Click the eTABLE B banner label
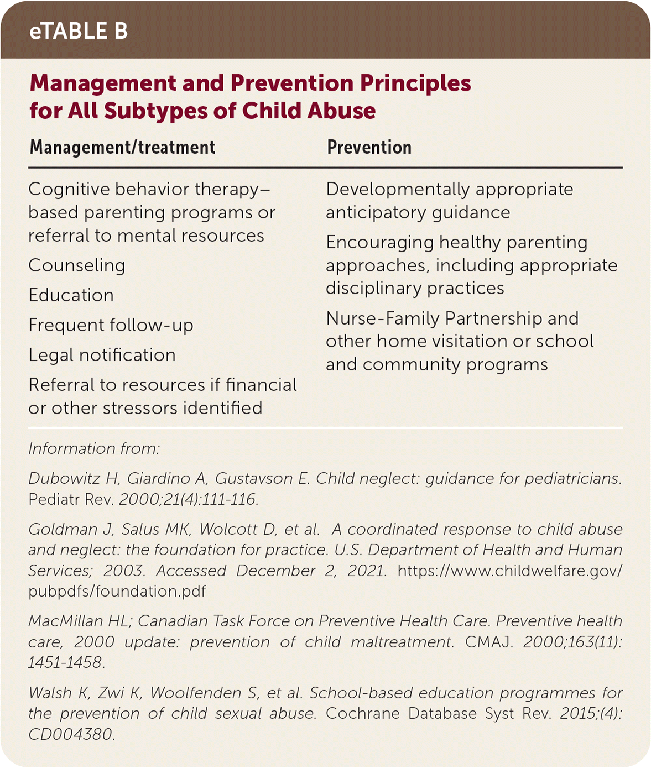coord(79,32)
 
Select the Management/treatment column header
coord(122,148)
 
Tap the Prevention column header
coord(369,148)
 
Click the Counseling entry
coord(77,266)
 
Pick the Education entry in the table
coord(71,295)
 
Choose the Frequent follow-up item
coord(111,325)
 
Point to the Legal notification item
coord(102,355)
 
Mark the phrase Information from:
coord(94,448)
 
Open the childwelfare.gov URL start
coord(509,571)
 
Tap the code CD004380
coord(71,734)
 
